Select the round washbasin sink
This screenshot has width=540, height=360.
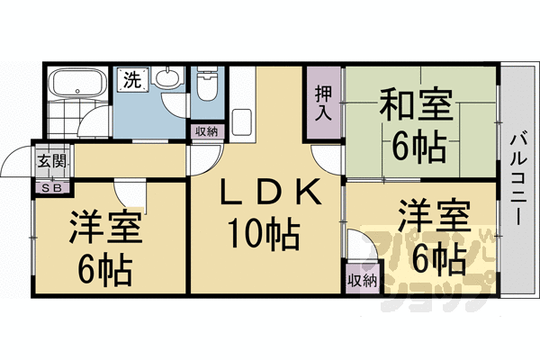pos(167,77)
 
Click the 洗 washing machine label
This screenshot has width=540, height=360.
pos(133,80)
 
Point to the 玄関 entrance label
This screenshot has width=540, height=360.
pos(51,161)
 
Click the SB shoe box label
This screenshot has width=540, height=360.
pos(51,188)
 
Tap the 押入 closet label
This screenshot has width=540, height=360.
pos(323,103)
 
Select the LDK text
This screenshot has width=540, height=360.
pos(271,191)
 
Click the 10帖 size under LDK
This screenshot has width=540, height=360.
pos(264,234)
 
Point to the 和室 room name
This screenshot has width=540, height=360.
pos(416,103)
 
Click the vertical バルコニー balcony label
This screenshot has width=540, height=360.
pos(517,179)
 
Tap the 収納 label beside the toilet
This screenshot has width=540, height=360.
pos(207,131)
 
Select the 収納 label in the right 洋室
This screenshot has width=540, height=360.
pos(363,281)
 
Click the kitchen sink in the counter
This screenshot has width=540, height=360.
pos(241,122)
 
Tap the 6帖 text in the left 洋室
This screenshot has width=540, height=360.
pos(105,269)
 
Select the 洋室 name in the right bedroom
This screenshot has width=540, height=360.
pos(435,216)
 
